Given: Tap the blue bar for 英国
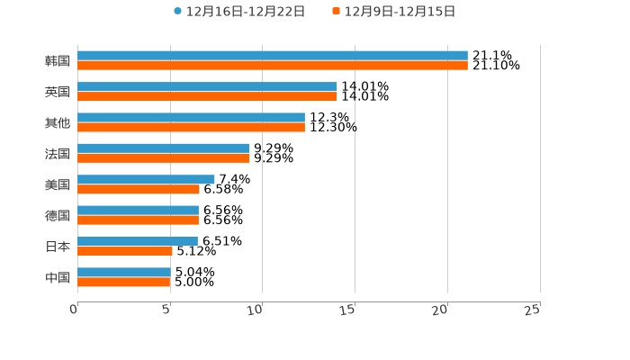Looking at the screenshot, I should (207, 86).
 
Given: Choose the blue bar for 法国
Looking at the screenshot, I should (163, 148).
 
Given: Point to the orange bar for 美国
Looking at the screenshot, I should (139, 189).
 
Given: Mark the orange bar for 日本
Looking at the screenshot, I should (124, 251).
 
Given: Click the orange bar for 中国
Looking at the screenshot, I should (123, 282).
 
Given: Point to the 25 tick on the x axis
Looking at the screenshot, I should (532, 310).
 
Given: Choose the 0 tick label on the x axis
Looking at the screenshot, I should (74, 310).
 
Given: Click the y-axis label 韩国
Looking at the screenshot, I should (58, 61).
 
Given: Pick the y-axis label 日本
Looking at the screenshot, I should (58, 247).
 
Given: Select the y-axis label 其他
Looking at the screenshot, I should (58, 122).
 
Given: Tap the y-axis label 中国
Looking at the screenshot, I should (58, 277).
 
